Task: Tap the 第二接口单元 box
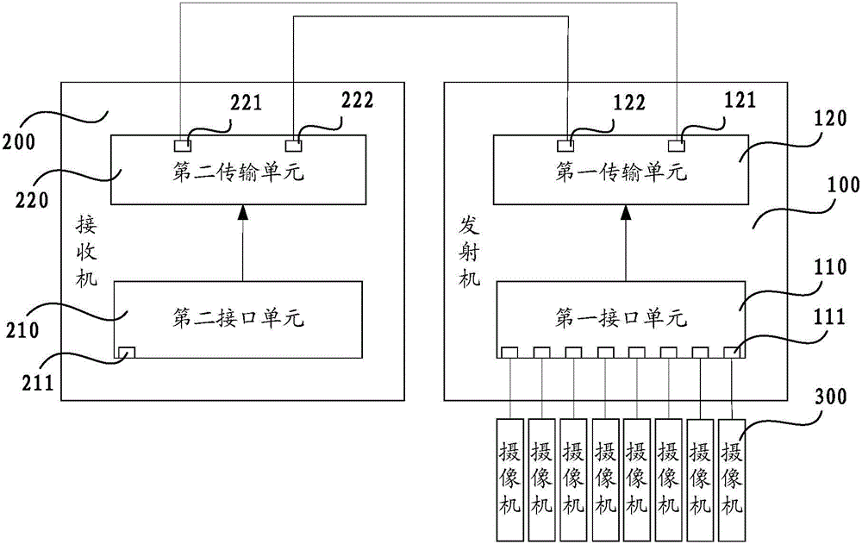click(239, 319)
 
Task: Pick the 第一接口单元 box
click(620, 319)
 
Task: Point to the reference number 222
click(356, 100)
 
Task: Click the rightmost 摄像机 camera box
click(732, 466)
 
